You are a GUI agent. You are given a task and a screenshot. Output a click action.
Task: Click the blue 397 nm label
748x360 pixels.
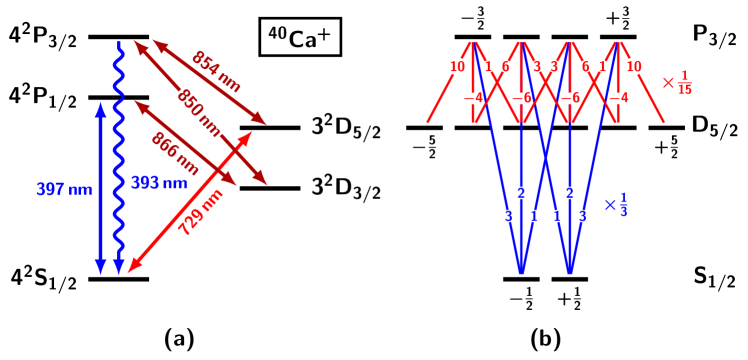(64, 189)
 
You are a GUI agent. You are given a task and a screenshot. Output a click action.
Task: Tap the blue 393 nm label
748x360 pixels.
(159, 183)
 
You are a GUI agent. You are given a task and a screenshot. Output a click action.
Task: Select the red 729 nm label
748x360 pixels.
(200, 212)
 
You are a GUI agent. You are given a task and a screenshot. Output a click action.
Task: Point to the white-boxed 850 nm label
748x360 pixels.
(200, 113)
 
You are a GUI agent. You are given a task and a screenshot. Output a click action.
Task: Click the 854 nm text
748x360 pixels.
(216, 71)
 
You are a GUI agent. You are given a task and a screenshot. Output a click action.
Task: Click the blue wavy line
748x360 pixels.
(119, 150)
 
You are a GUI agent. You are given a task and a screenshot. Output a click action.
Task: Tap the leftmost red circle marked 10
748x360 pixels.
(457, 67)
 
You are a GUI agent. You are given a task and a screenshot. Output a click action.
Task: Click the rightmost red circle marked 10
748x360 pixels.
(634, 67)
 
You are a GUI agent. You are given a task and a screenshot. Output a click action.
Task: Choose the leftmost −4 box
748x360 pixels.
(473, 98)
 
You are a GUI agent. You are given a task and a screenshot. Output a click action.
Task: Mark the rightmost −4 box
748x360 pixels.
(618, 98)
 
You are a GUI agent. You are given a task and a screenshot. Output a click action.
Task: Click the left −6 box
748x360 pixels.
(521, 98)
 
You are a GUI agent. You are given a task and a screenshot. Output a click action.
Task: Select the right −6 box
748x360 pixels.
(570, 98)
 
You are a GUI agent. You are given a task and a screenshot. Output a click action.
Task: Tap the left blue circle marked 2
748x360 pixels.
(521, 193)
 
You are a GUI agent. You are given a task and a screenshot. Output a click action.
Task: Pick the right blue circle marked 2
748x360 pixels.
(570, 193)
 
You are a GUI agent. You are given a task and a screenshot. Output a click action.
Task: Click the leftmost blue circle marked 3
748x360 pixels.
(508, 216)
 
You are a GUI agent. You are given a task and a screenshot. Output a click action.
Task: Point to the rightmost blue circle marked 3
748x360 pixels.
(582, 216)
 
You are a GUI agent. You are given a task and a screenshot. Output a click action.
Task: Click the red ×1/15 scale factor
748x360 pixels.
(677, 83)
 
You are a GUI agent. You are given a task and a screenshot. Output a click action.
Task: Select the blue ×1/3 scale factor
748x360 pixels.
(616, 205)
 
